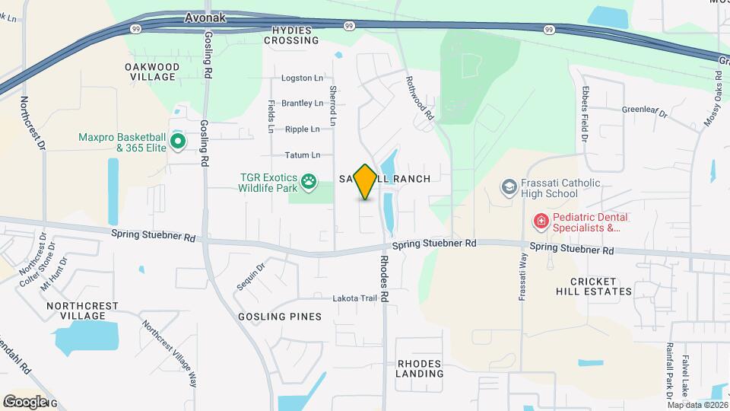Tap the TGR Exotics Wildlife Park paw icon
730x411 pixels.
tap(309, 181)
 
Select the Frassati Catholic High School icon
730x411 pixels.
tap(509, 186)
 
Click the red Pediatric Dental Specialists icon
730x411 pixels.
tap(541, 221)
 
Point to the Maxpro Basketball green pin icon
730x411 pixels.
tap(178, 141)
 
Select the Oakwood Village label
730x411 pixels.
tap(152, 72)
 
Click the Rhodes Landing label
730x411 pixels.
tap(420, 368)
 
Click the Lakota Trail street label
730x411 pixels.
tap(354, 298)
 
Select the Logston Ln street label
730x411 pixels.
tap(302, 78)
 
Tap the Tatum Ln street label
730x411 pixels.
tap(303, 155)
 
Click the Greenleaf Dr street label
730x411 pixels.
tap(644, 111)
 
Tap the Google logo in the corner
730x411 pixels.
tap(26, 401)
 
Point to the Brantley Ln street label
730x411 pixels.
tap(302, 103)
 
